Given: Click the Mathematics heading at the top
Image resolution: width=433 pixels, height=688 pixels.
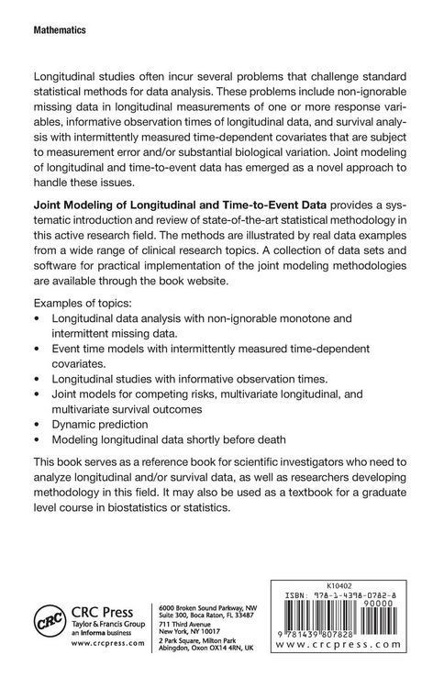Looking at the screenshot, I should [59, 31].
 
